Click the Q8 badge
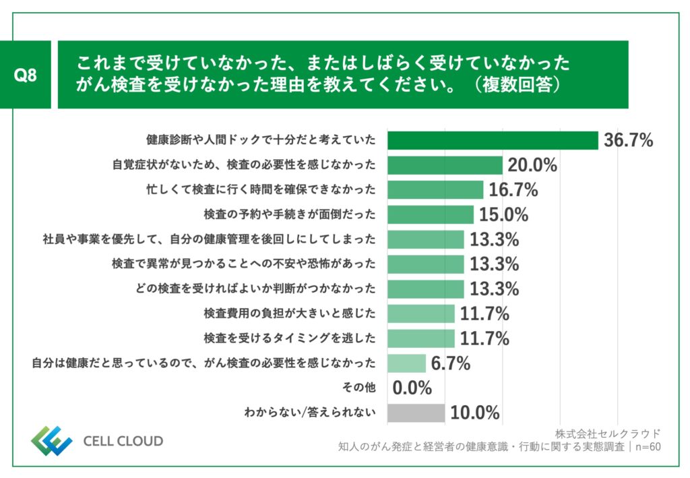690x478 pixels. [26, 75]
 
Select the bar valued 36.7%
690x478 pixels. [493, 140]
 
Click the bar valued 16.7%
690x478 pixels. [435, 190]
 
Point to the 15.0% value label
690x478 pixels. [503, 214]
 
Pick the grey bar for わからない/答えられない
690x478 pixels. [416, 412]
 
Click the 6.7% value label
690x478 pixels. [450, 363]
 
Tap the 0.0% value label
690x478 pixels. [412, 388]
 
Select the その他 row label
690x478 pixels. [360, 388]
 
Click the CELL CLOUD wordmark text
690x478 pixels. [123, 442]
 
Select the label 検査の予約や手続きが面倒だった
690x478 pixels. [290, 214]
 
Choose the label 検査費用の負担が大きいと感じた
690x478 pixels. [290, 313]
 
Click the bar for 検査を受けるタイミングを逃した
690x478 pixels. [421, 338]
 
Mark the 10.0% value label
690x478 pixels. [474, 412]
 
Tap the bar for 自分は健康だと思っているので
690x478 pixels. [406, 363]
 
